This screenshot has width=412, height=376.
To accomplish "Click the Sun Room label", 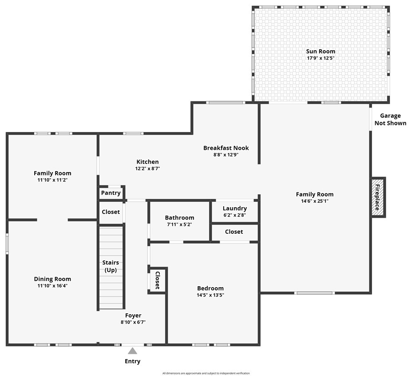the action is point(321,51).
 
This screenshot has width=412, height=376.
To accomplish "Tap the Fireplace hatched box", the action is point(378,197).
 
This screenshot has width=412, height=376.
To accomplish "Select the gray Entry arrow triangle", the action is point(132,351).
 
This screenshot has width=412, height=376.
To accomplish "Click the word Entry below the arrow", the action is point(132,361).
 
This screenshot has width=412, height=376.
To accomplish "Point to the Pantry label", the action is point(111,193).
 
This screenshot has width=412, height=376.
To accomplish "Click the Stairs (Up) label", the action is point(111,266).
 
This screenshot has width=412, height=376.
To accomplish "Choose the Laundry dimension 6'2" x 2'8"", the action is point(235,215).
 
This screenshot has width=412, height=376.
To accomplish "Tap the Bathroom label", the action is point(179,218).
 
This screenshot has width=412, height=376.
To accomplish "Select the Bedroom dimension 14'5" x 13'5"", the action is point(210,295).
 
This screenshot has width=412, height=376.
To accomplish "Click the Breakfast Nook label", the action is point(226,148).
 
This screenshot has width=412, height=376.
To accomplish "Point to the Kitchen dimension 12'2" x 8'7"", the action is point(148,168).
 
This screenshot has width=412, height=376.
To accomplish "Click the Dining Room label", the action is point(52,279).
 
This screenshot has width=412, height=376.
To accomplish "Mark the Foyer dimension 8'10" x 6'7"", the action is point(133,322).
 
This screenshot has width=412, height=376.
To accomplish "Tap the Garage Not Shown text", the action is point(390,120).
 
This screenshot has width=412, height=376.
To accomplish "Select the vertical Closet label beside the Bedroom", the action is point(158,280).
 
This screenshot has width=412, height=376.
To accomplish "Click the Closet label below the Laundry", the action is point(234,232).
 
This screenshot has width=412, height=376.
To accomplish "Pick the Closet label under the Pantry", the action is point(111,212).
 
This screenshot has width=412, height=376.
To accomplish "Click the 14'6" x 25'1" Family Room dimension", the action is point(315,201).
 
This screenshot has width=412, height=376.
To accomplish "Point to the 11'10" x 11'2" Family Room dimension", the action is point(52,180).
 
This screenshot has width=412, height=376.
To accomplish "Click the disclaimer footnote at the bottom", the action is point(206,373).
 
